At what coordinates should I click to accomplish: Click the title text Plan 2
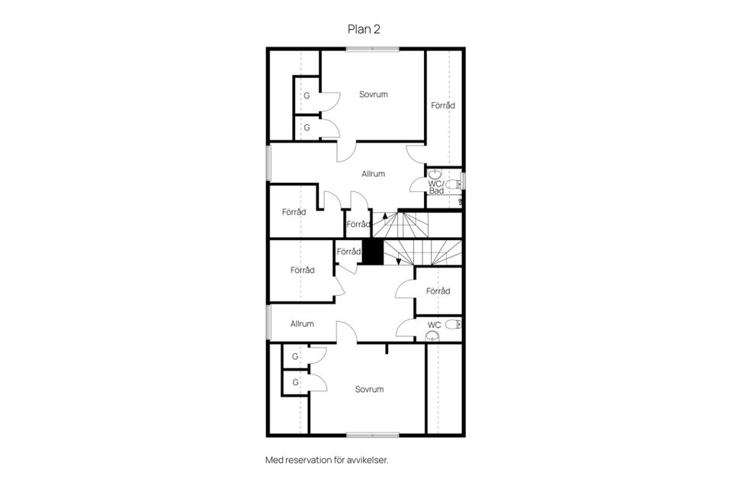[364, 29]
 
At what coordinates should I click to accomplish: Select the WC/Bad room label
[436, 188]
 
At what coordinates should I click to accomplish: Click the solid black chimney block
[373, 252]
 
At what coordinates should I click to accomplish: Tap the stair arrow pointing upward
[384, 215]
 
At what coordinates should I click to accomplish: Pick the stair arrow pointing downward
[398, 261]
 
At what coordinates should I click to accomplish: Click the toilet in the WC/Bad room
[453, 185]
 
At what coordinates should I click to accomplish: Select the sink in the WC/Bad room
[435, 174]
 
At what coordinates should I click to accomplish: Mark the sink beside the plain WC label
[433, 335]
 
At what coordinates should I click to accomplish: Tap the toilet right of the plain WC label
[452, 324]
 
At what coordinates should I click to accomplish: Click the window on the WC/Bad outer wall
[463, 181]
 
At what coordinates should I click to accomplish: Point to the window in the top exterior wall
[373, 49]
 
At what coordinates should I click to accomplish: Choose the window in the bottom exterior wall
[373, 435]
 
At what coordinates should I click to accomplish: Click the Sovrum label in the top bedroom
[374, 95]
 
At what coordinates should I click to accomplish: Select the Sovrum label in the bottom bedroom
[369, 390]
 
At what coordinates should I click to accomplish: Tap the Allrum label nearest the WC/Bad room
[374, 174]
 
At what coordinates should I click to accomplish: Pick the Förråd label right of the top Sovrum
[443, 105]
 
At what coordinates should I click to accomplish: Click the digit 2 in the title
[377, 29]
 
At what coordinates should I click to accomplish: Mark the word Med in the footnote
[274, 460]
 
